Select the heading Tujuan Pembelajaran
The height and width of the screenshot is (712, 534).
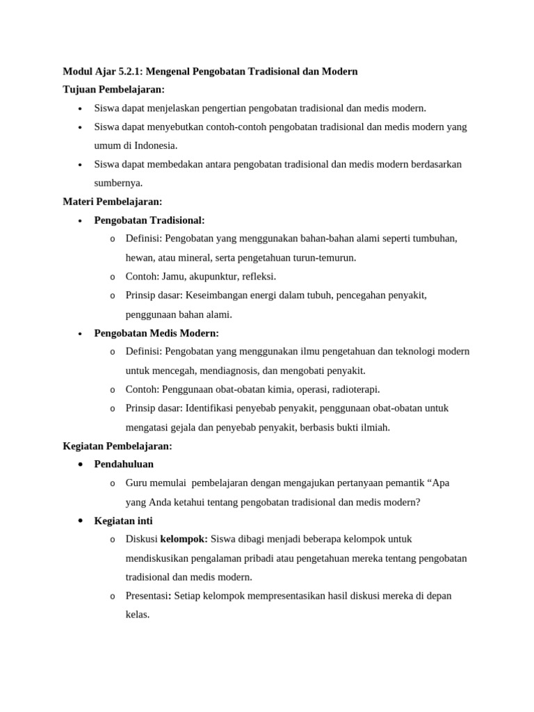tap(114, 89)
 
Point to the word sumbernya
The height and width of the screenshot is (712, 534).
tap(118, 183)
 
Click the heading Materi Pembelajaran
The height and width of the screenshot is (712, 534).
tap(113, 202)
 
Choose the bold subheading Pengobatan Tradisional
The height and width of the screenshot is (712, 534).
tap(149, 220)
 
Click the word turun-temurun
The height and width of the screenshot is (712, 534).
tap(325, 257)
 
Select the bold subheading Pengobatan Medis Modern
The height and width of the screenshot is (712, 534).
tap(156, 333)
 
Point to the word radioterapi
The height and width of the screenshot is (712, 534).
tap(353, 389)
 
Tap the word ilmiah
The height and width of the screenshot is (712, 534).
tap(375, 427)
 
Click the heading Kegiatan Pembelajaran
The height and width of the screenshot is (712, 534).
tap(118, 446)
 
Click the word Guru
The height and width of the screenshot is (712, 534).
tap(137, 483)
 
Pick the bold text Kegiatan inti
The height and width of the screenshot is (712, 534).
tap(123, 521)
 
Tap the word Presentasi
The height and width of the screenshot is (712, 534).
tap(147, 596)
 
